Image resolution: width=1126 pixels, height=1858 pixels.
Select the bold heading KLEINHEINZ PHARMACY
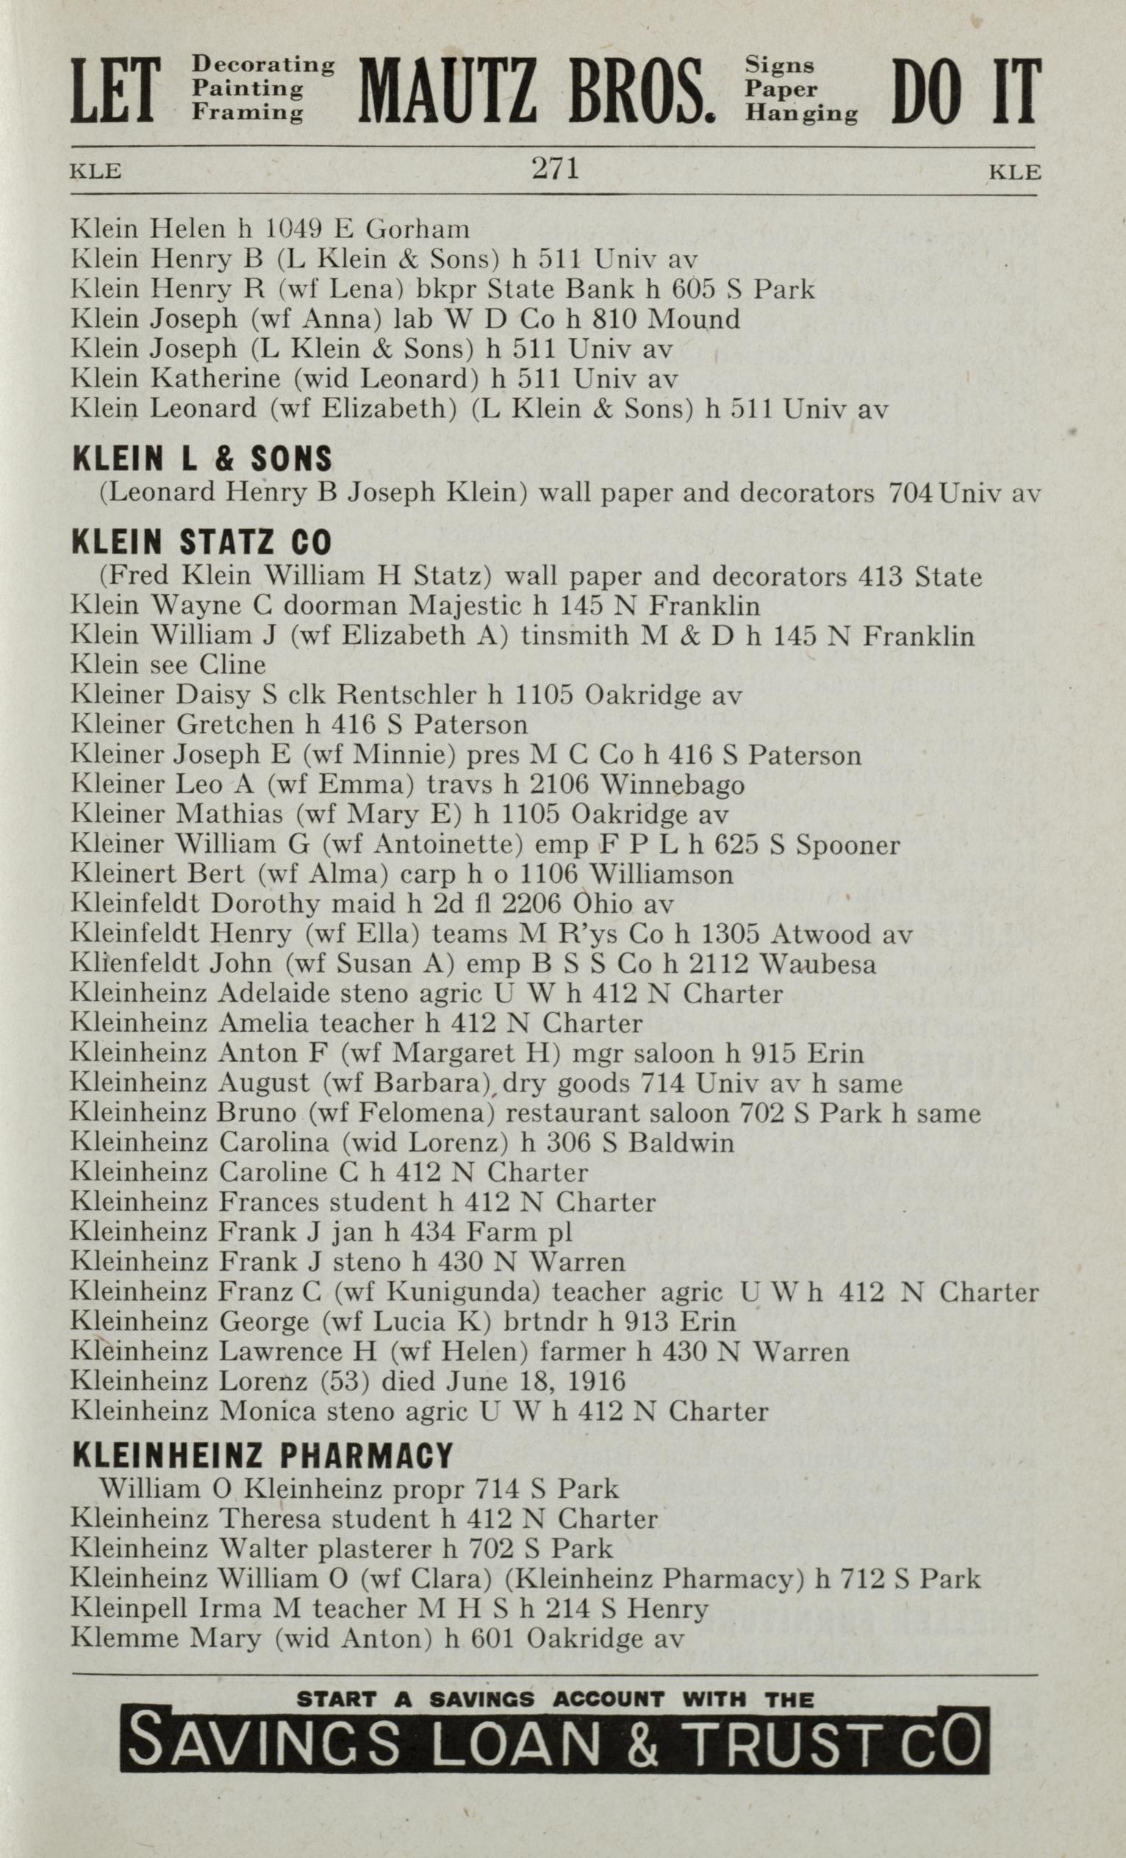coord(262,1455)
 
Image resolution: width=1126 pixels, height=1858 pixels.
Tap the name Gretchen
coord(234,725)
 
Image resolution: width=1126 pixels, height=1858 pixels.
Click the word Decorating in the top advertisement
coord(263,65)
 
